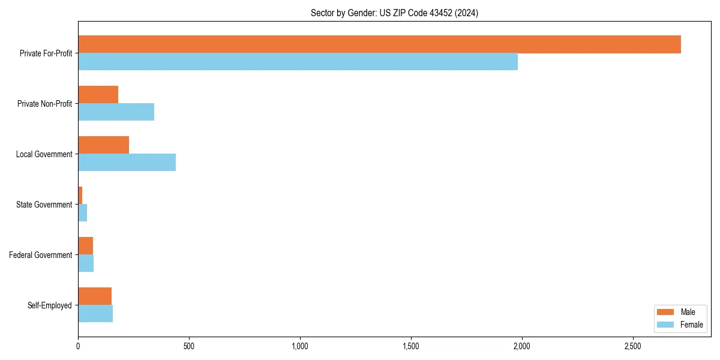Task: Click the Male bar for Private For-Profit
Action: pyautogui.click(x=379, y=44)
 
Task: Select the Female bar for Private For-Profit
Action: pyautogui.click(x=298, y=62)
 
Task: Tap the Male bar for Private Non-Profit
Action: pyautogui.click(x=98, y=95)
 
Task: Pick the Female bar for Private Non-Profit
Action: pyautogui.click(x=116, y=112)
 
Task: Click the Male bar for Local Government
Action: pyautogui.click(x=103, y=145)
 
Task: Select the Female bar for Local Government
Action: pyautogui.click(x=127, y=163)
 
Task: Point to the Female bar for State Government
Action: pyautogui.click(x=83, y=213)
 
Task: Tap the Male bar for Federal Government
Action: pyautogui.click(x=85, y=246)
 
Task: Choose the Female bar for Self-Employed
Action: pyautogui.click(x=95, y=314)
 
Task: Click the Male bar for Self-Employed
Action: pyautogui.click(x=95, y=296)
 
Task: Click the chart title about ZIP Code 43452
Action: pyautogui.click(x=394, y=13)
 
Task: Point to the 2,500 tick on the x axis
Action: pyautogui.click(x=633, y=346)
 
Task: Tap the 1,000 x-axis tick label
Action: pyautogui.click(x=300, y=346)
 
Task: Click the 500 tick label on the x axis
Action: pyautogui.click(x=189, y=346)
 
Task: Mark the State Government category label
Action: pyautogui.click(x=44, y=205)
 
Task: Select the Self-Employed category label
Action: pyautogui.click(x=50, y=305)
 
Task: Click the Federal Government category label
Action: pyautogui.click(x=41, y=255)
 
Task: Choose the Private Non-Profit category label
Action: pyautogui.click(x=44, y=104)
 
